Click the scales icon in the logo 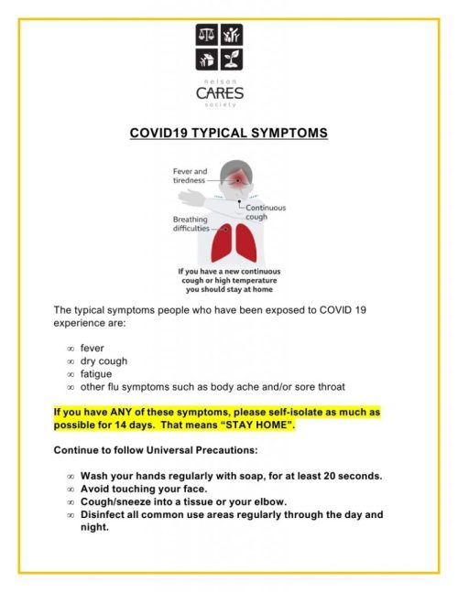pos(206,35)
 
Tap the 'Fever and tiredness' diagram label pos(190,175)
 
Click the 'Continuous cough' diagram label pos(265,212)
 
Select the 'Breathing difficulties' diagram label pos(191,224)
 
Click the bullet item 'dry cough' pos(104,361)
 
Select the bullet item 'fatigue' pos(96,373)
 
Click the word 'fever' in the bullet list pos(93,348)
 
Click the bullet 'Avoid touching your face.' pos(143,489)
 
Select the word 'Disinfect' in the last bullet pos(104,514)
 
